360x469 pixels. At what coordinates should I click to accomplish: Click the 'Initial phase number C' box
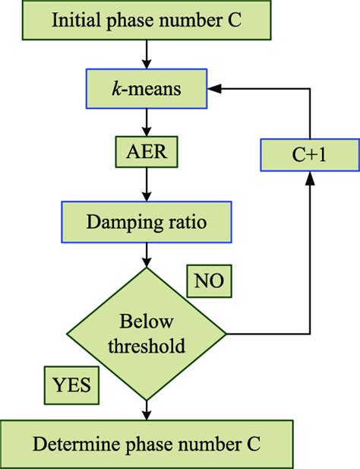(x=147, y=20)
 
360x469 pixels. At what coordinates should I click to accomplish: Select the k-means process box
(x=146, y=90)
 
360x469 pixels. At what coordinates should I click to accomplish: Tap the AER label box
(x=146, y=152)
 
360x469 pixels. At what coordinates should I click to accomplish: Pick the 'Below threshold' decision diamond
(x=147, y=334)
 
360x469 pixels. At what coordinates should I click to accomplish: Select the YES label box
(x=71, y=385)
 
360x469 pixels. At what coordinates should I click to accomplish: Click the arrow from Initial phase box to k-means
(x=147, y=55)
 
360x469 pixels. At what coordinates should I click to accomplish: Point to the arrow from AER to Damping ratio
(x=147, y=187)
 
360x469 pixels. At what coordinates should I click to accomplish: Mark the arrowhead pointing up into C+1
(x=311, y=176)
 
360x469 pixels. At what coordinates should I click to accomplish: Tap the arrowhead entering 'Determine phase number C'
(x=147, y=414)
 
